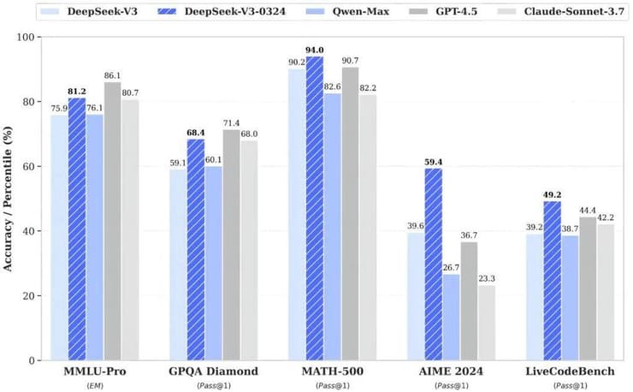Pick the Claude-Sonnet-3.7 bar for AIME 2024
[x=487, y=323]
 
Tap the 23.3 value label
[x=487, y=277]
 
